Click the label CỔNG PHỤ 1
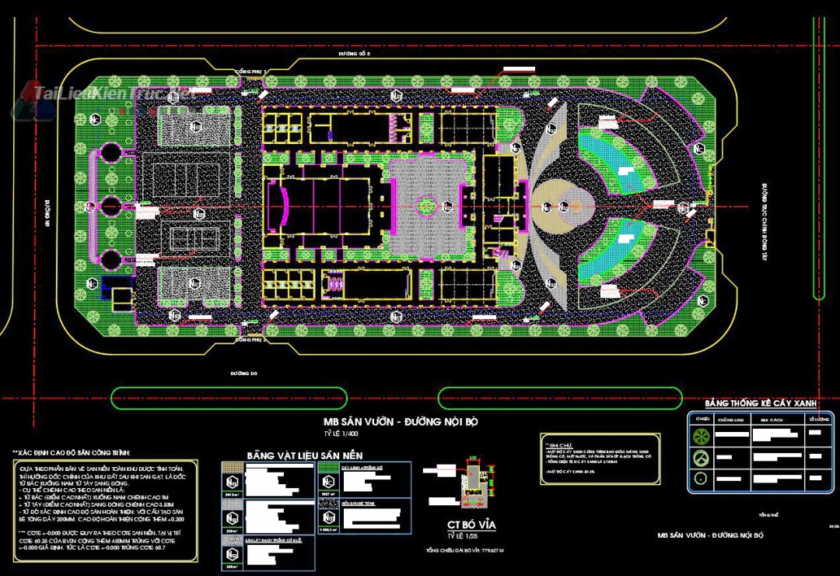[x=250, y=72]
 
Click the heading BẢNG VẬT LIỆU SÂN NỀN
[x=304, y=455]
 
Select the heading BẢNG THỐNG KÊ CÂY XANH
[x=760, y=403]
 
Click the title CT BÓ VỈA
[x=471, y=525]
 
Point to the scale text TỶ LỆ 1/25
[x=460, y=536]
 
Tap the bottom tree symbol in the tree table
[x=702, y=478]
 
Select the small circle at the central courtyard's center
[x=426, y=206]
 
